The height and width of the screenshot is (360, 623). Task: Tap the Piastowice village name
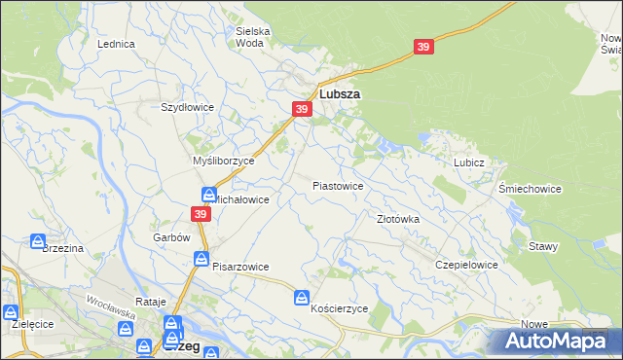[338, 185]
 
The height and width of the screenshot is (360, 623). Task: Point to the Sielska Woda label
[253, 37]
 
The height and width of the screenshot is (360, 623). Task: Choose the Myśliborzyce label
[223, 161]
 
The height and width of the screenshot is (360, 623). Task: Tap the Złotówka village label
[398, 219]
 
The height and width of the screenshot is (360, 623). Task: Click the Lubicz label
[468, 162]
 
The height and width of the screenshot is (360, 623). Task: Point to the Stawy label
[543, 246]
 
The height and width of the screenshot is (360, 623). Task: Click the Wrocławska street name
[109, 307]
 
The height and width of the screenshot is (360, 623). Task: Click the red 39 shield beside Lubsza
[302, 109]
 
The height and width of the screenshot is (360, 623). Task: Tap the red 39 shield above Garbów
[201, 214]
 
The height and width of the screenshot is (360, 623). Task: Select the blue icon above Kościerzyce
[303, 296]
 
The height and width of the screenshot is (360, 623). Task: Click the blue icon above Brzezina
[38, 240]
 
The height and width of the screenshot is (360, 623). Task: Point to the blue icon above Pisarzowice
[201, 258]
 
